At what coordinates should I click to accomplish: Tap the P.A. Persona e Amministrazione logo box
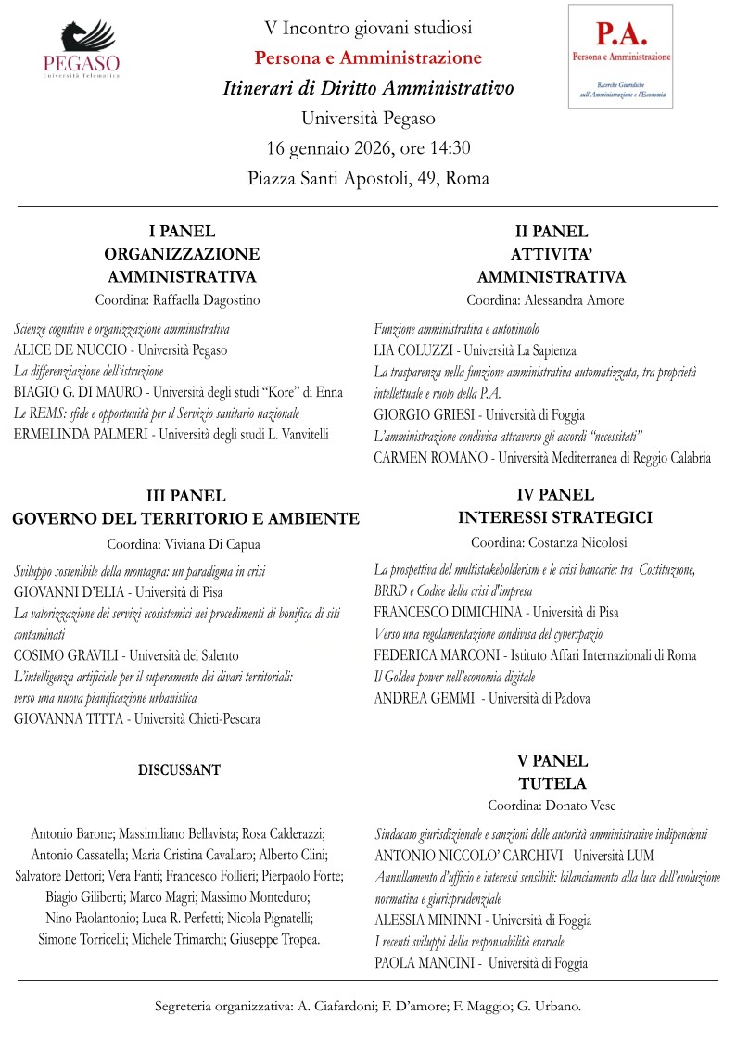point(620,56)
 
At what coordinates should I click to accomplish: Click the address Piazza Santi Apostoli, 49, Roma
point(368,178)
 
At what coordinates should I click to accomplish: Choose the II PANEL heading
point(552,233)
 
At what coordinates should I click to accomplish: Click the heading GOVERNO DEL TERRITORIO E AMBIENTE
point(185,517)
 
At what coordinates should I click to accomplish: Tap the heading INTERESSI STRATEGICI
point(555,517)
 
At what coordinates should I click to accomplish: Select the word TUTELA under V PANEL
point(552,783)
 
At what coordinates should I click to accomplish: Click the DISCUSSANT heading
point(179,769)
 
